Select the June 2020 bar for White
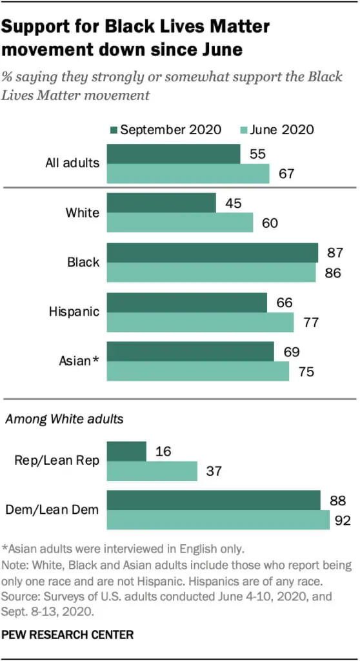click(179, 223)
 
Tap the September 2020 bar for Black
click(212, 252)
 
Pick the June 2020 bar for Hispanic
click(200, 321)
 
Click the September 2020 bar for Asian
click(190, 352)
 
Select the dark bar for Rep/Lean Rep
click(126, 451)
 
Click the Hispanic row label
click(74, 312)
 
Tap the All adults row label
click(72, 163)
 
